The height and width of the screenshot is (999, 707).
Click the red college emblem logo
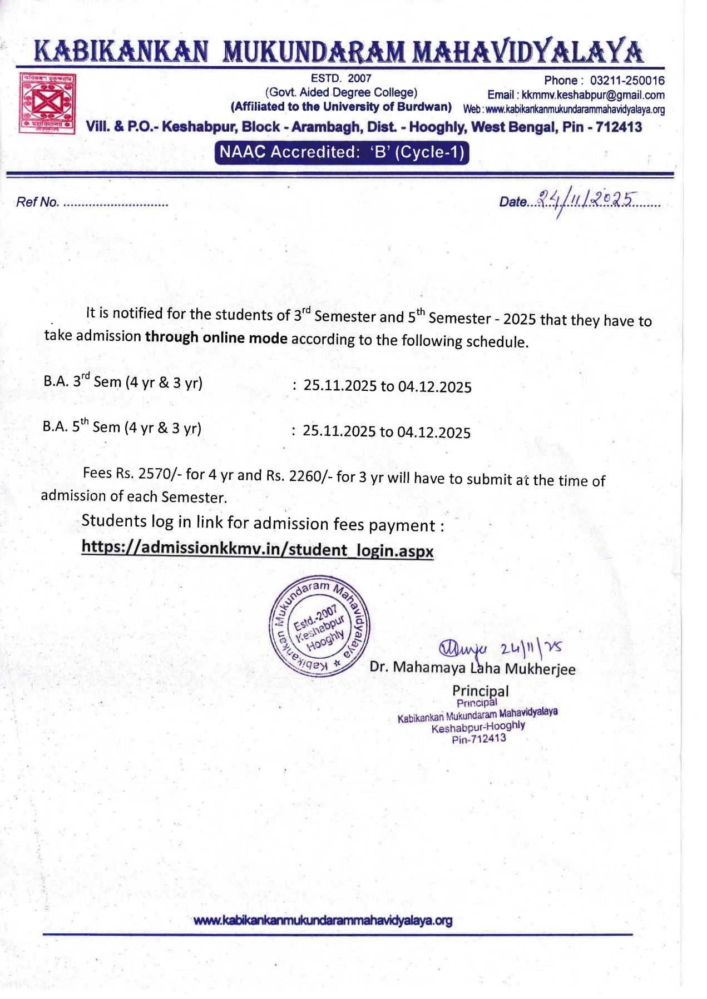pos(47,103)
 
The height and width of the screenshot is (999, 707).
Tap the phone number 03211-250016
pos(627,81)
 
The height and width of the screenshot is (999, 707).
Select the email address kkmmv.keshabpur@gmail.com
pos(593,95)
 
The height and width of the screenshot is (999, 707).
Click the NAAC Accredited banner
pos(342,152)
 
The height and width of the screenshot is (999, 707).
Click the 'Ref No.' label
pos(37,202)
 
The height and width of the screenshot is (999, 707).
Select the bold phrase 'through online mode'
pos(216,337)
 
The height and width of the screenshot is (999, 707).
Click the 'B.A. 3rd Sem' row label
pos(123,382)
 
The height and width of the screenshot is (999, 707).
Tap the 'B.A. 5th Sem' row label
pos(122,427)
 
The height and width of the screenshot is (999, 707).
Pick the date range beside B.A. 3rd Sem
pos(387,386)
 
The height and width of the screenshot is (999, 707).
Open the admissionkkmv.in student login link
pos(257,549)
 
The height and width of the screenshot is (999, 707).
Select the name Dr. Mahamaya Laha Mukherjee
pos(472,668)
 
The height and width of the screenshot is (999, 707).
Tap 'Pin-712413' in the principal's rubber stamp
pos(479,739)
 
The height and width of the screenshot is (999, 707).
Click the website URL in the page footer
pos(323,921)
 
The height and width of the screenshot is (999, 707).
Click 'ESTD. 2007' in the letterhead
pos(340,78)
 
